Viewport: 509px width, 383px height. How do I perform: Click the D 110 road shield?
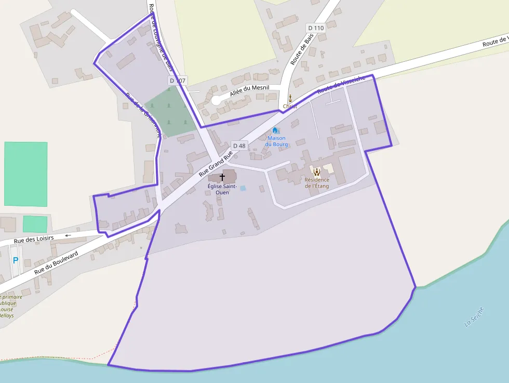(x=315, y=28)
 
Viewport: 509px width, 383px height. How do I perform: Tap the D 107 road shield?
(x=177, y=81)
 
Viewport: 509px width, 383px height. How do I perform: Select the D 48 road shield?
(x=239, y=146)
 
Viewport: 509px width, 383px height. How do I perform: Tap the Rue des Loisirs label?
(x=34, y=240)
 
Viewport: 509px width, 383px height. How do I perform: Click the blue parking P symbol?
(x=15, y=260)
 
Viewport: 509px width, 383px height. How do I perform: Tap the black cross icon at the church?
(x=222, y=177)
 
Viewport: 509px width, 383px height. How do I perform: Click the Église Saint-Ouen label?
(x=222, y=189)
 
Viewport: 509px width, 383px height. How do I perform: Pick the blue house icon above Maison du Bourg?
(x=275, y=130)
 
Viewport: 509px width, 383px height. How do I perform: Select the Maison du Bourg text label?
(x=276, y=141)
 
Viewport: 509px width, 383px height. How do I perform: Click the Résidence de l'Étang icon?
(x=316, y=170)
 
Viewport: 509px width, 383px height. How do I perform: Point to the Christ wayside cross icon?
(x=290, y=98)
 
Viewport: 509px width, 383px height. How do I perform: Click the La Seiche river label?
(x=474, y=317)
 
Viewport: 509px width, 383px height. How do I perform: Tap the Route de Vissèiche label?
(x=341, y=85)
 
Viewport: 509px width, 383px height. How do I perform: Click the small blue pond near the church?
(x=243, y=188)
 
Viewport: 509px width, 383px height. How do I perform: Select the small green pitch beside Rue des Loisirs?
(x=35, y=224)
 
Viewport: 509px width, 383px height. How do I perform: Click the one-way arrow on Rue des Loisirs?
(x=67, y=235)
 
